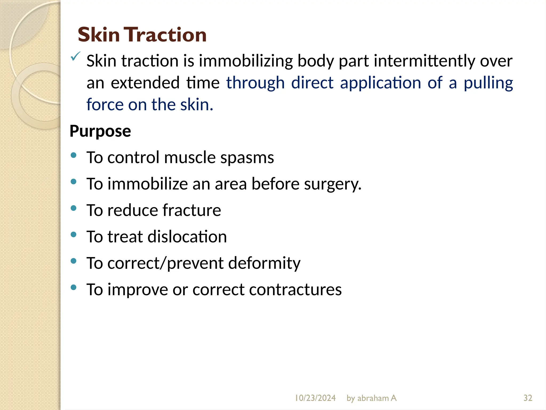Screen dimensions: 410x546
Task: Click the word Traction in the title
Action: pyautogui.click(x=166, y=35)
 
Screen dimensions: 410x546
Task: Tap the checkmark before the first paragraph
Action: pyautogui.click(x=75, y=56)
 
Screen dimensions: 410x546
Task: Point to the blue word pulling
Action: pyautogui.click(x=488, y=83)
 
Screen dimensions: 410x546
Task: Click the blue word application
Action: pyautogui.click(x=380, y=83)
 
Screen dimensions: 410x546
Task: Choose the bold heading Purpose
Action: pyautogui.click(x=100, y=131)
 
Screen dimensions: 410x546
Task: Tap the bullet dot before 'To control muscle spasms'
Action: pyautogui.click(x=74, y=155)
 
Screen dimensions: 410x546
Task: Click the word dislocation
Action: pyautogui.click(x=187, y=237)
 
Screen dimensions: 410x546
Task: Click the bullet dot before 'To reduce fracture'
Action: pyautogui.click(x=74, y=208)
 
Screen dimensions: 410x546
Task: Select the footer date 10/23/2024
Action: pyautogui.click(x=315, y=398)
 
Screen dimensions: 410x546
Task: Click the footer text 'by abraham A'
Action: pyautogui.click(x=371, y=398)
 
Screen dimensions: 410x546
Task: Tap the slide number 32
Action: pyautogui.click(x=528, y=398)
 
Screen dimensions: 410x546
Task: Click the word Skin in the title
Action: pyautogui.click(x=99, y=35)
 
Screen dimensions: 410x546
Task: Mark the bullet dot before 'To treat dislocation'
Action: pyautogui.click(x=74, y=234)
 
